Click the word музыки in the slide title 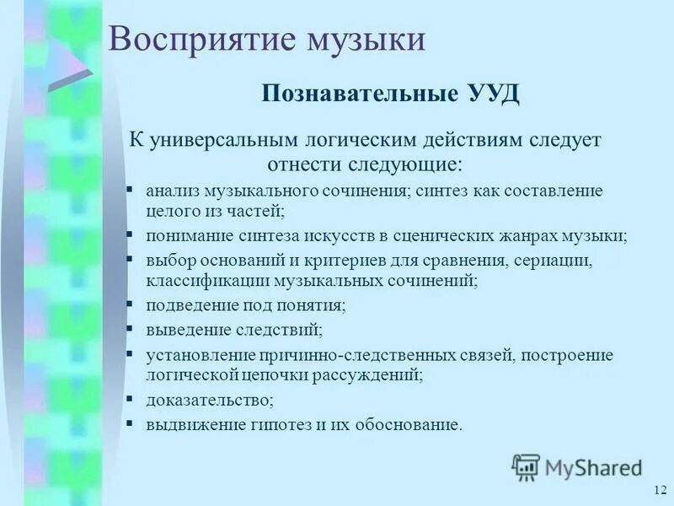tap(364, 40)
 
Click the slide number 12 tap(659, 491)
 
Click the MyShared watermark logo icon tap(526, 467)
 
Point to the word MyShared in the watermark tap(593, 467)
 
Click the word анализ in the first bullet tap(172, 191)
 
